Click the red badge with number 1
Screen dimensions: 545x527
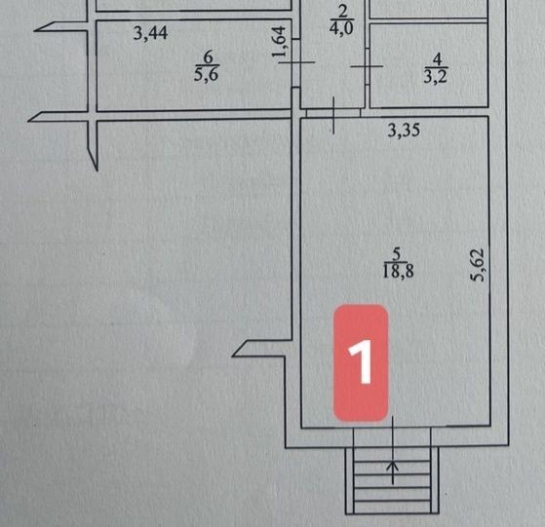(361, 363)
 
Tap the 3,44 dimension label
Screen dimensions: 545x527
(150, 34)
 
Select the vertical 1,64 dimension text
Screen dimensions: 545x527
(279, 41)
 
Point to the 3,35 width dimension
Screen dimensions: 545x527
(404, 131)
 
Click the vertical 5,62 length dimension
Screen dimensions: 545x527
(477, 264)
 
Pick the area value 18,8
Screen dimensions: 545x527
(398, 271)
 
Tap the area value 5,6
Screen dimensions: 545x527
(207, 74)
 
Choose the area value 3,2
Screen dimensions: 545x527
(436, 76)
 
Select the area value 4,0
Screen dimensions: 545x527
(341, 28)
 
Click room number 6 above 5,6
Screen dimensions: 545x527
(208, 57)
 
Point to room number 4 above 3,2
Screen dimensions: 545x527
(437, 59)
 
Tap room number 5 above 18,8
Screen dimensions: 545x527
(397, 254)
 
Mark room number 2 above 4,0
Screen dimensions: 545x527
(343, 12)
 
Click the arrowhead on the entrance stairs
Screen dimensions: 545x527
(393, 466)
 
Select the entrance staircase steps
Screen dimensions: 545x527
(392, 480)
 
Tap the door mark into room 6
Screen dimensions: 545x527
(296, 62)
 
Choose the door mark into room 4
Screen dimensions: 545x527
(367, 66)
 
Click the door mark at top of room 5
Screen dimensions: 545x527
(333, 115)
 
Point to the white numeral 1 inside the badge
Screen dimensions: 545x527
(361, 361)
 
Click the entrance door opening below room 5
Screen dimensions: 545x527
(392, 437)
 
